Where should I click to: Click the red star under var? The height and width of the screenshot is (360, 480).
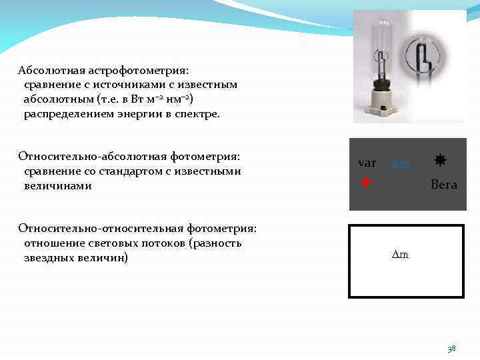(365, 181)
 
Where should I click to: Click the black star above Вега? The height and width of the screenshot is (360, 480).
(440, 160)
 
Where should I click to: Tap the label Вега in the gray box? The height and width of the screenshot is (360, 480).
(444, 185)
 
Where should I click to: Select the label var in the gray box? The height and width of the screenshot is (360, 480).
(367, 163)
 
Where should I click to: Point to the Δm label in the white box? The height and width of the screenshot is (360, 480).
(400, 255)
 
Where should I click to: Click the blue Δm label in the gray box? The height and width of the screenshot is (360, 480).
(401, 163)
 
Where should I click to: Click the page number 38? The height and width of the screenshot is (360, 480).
(451, 348)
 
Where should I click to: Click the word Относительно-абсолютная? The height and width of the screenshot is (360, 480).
(86, 157)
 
